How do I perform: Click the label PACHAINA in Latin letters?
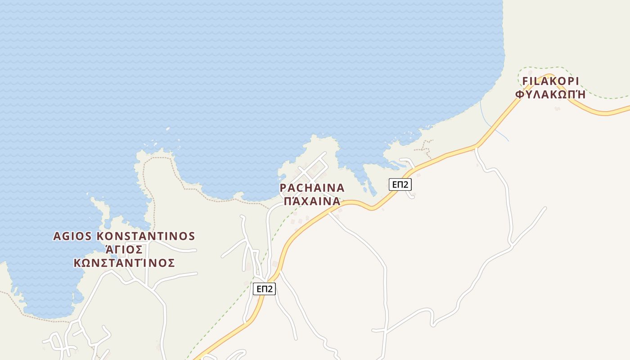click(x=312, y=188)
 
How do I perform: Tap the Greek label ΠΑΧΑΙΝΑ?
click(x=312, y=201)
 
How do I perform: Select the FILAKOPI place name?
click(x=550, y=81)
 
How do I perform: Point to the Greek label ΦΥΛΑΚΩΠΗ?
click(x=550, y=94)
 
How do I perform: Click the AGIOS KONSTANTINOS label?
click(x=124, y=236)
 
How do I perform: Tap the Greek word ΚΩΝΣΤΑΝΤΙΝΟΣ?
click(x=124, y=263)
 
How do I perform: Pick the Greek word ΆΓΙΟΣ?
click(x=124, y=250)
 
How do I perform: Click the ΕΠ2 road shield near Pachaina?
click(x=400, y=184)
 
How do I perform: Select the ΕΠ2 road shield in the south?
click(x=264, y=289)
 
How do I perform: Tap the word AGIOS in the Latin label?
click(x=72, y=236)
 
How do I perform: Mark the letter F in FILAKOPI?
click(x=525, y=81)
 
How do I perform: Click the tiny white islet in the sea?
click(x=167, y=129)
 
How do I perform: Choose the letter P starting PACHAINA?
click(x=283, y=188)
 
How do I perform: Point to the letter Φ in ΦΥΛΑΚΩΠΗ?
click(x=519, y=94)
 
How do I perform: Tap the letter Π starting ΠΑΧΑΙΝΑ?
click(x=288, y=201)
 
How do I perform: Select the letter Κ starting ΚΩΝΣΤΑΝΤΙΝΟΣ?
click(x=77, y=263)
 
